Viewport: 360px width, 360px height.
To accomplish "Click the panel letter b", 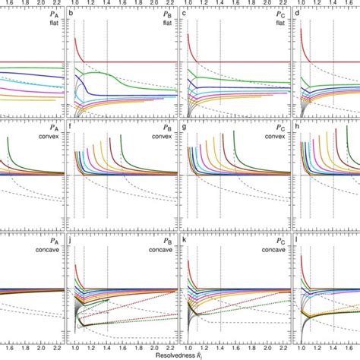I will tap(71, 14).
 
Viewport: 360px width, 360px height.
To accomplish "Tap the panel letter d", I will tap(296, 14).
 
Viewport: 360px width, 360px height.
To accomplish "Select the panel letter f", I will tap(71, 128).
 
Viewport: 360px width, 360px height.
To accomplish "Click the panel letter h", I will tap(296, 128).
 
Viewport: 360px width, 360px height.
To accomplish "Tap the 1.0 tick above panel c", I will tap(185, 4).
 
